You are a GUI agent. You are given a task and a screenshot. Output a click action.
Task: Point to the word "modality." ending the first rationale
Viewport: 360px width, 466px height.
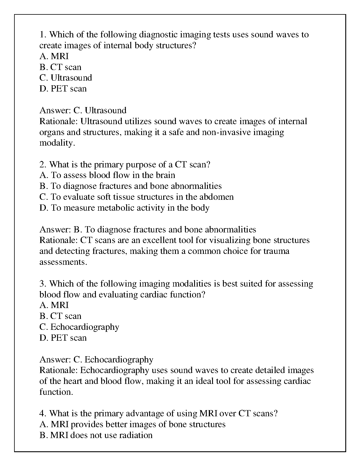56,143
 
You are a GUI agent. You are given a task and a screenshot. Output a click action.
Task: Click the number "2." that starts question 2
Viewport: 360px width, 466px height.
43,164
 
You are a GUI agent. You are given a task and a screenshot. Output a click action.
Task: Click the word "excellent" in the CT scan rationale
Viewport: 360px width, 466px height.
160,240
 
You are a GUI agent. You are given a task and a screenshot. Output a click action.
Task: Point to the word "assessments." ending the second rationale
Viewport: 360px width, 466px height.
63,262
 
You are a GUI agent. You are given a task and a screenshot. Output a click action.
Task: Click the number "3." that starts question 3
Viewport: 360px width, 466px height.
43,284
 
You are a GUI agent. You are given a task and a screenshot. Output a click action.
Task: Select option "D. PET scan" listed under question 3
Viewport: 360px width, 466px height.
63,338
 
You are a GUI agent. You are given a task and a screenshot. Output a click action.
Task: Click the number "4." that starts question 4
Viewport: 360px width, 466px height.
43,414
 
